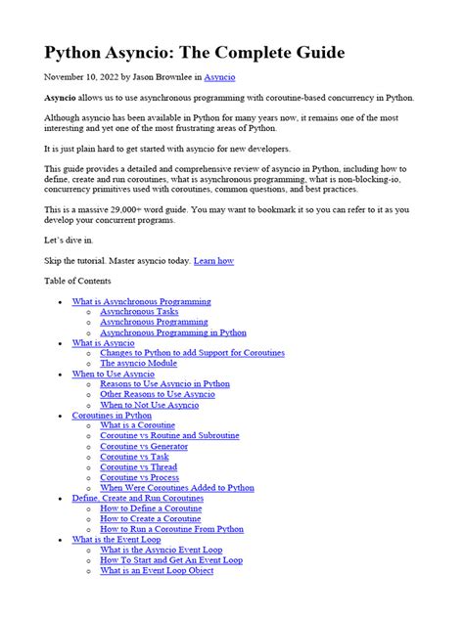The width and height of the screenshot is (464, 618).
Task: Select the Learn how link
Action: [x=214, y=261]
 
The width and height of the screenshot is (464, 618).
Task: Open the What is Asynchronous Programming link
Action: [x=141, y=302]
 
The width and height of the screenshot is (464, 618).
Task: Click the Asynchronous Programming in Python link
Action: [x=172, y=332]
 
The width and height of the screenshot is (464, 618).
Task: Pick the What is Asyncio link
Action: [x=103, y=343]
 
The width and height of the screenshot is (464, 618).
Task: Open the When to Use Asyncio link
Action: [x=113, y=374]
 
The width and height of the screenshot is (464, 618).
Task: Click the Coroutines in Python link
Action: [x=112, y=415]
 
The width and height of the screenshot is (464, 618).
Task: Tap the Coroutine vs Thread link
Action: [x=138, y=466]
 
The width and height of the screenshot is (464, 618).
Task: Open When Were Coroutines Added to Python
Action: [x=177, y=487]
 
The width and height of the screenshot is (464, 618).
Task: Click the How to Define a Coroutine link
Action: [x=152, y=508]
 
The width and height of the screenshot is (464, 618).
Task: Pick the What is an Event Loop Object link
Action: [x=157, y=570]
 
